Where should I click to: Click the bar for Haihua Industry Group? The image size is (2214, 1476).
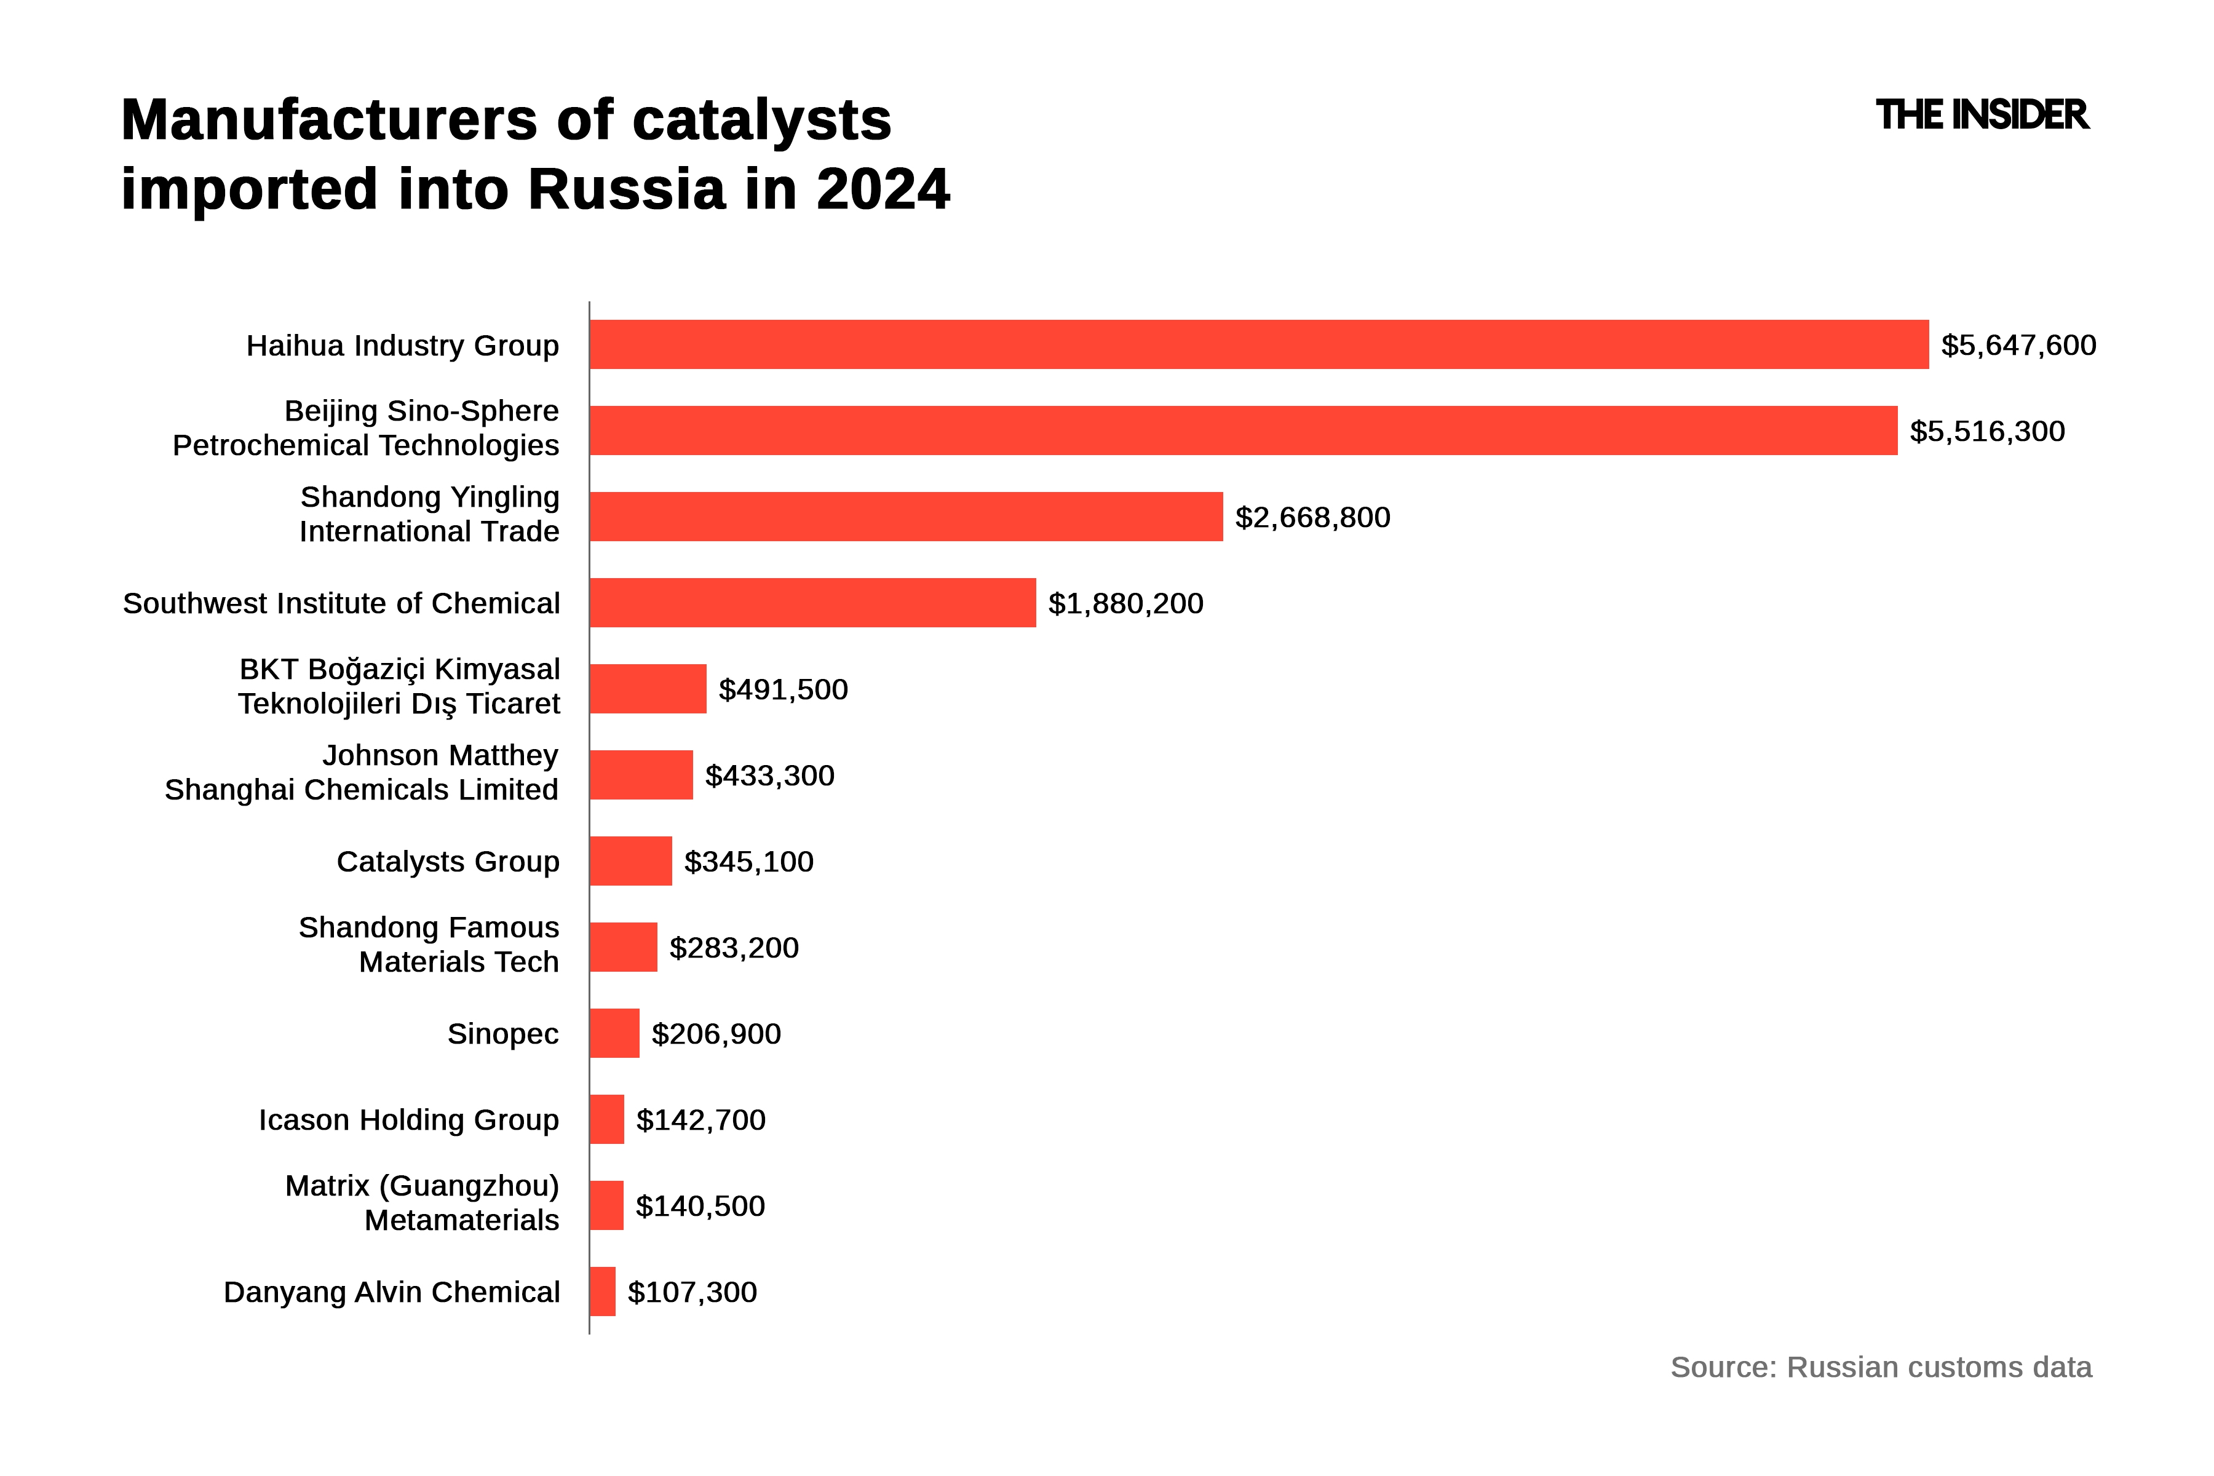point(1258,344)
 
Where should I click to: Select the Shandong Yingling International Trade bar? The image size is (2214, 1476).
point(905,517)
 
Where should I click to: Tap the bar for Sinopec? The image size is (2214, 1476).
point(614,1034)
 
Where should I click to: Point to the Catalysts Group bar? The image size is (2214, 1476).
point(631,862)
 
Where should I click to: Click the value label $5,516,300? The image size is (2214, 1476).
point(1986,431)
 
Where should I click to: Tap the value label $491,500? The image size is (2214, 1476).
point(782,689)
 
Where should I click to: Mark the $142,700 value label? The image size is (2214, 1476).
point(700,1120)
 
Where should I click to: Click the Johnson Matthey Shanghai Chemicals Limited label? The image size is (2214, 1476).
point(362,773)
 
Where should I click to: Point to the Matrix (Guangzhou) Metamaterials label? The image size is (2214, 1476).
point(422,1203)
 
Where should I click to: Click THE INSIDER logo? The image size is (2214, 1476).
point(1982,116)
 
